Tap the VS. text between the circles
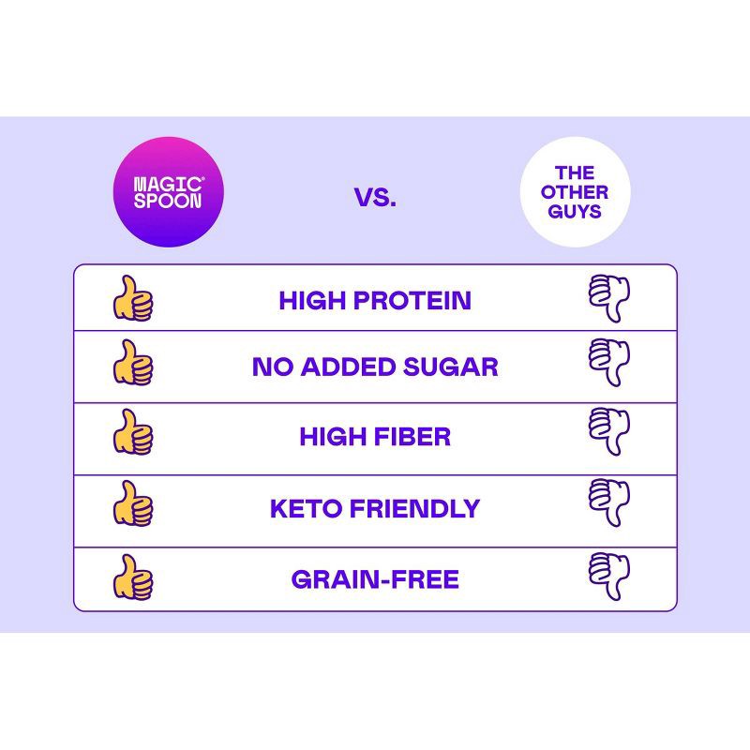pos(375,198)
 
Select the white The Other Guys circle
pos(575,192)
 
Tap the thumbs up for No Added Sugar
pos(133,364)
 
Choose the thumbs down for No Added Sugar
pos(609,362)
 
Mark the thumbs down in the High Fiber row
pos(609,432)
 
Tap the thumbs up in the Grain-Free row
pos(133,577)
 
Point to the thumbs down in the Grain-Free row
pos(609,576)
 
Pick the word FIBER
pos(412,437)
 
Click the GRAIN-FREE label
pos(375,579)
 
